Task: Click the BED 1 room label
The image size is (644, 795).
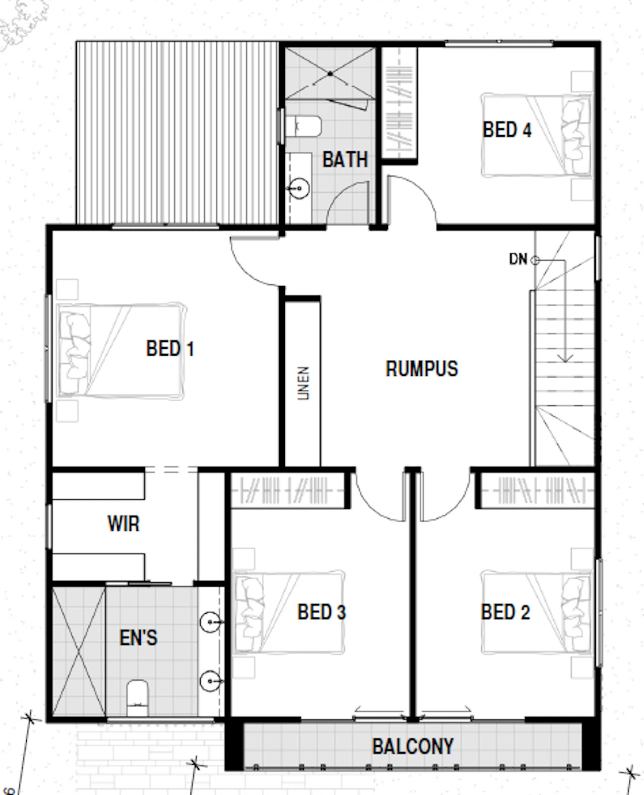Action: (170, 348)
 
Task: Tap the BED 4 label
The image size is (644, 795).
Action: (507, 130)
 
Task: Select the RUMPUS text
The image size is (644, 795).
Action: (422, 369)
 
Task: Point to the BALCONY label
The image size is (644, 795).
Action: (413, 746)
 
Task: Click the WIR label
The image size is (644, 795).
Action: (123, 524)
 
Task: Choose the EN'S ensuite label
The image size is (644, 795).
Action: (138, 638)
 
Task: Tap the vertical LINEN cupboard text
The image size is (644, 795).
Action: (303, 383)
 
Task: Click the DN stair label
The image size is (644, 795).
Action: (518, 259)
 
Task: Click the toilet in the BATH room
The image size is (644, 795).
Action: (303, 126)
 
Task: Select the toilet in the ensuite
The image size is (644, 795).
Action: (137, 698)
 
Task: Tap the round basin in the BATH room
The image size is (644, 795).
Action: (299, 188)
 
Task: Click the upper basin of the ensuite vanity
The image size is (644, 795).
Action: (210, 622)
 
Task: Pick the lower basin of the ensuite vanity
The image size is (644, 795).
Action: (210, 680)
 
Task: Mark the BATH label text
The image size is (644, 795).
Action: (345, 160)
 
